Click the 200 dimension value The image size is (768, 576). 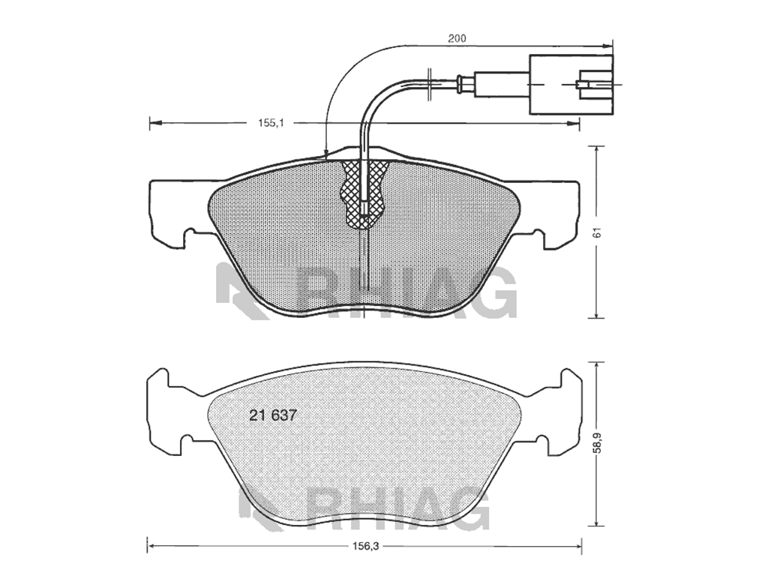(457, 38)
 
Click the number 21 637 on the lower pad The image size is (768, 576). (273, 415)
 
